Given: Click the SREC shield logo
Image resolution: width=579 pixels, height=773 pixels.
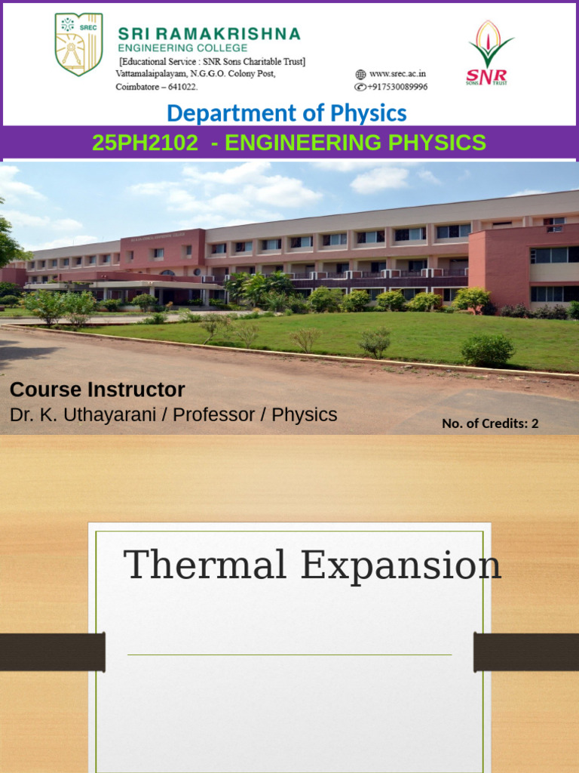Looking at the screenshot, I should click(78, 44).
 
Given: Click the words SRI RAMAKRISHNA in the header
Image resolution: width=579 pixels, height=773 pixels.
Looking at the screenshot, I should click(209, 34).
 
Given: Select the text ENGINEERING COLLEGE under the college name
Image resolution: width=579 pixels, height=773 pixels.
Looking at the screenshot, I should click(182, 48).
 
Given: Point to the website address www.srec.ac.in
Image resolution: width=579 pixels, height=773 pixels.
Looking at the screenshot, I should click(397, 74).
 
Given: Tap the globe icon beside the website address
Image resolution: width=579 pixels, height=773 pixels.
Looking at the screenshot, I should click(360, 74).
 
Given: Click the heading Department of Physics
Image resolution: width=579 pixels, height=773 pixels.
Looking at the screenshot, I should click(286, 113).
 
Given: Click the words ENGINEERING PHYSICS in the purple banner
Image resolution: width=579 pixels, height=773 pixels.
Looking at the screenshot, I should click(355, 143).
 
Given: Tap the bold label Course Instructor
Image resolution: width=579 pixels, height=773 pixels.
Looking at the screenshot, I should click(97, 390).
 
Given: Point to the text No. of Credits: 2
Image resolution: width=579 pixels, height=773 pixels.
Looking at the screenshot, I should click(490, 423).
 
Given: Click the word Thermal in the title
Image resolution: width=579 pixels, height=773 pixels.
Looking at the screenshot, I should click(206, 565).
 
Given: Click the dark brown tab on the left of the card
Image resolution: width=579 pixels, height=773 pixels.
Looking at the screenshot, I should click(52, 652).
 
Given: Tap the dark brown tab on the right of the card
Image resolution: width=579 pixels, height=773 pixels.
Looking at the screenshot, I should click(526, 652).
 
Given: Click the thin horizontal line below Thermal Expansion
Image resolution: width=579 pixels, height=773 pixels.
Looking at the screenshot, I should click(289, 654).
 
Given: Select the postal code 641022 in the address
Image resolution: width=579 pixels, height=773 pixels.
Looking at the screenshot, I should click(181, 87).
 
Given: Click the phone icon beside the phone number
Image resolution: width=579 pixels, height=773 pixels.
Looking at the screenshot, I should click(360, 87).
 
